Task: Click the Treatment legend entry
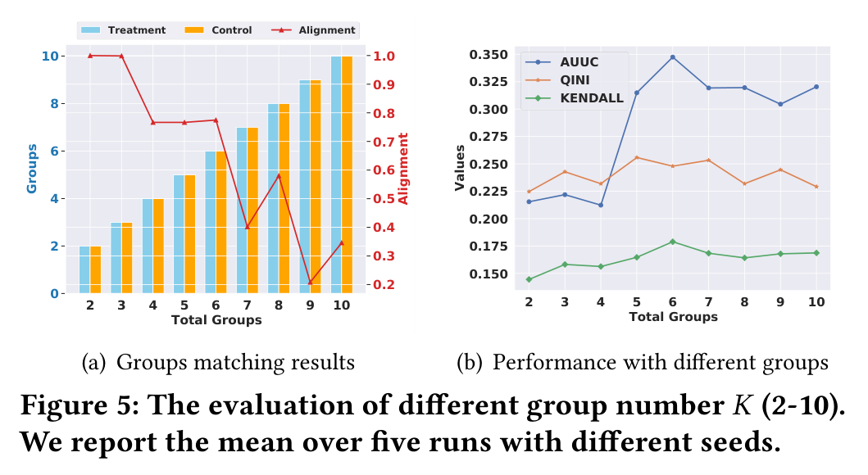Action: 123,30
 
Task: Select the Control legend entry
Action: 218,30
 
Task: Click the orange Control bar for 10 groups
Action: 347,174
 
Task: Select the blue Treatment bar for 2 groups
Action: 84,269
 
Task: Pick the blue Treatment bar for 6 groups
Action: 211,222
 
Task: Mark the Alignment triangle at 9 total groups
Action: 310,283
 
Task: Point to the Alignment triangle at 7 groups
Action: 248,227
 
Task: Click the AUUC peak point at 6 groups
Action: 673,57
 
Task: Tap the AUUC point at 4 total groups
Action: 601,206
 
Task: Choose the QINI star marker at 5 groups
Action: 637,157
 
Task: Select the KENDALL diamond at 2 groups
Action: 529,279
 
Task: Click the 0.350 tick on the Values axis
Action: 489,55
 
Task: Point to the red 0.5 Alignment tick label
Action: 384,198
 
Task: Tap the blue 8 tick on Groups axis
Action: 54,104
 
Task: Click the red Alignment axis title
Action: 403,169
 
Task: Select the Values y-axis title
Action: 459,168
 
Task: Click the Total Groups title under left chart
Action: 216,320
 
